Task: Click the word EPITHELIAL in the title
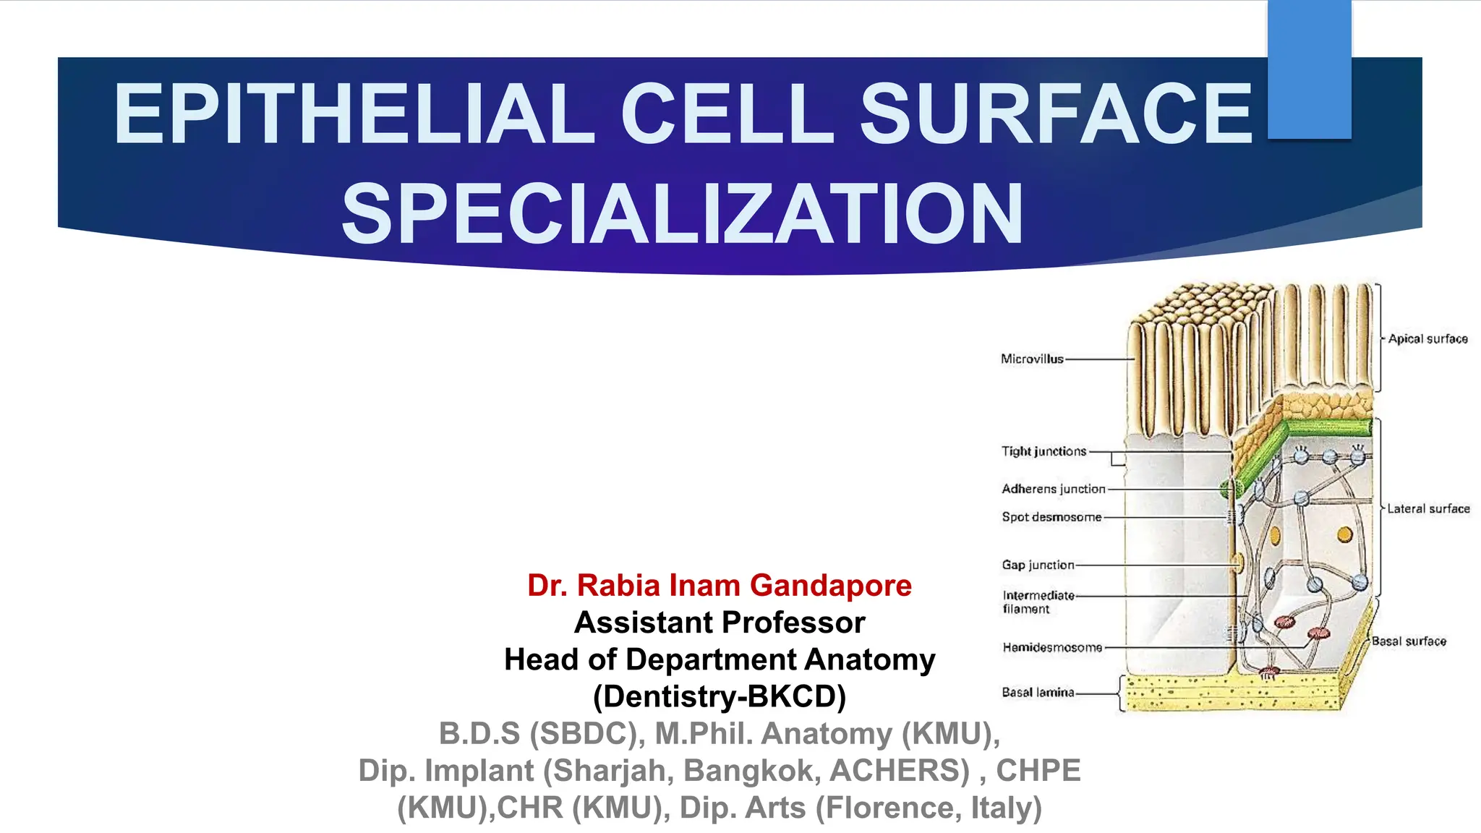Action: click(x=354, y=114)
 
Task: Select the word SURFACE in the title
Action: click(x=1056, y=114)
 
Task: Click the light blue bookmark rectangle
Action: click(x=1309, y=69)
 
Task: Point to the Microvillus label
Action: click(x=1032, y=359)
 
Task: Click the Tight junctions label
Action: click(x=1043, y=451)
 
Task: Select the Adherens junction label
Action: click(x=1053, y=489)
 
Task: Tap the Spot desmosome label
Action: click(x=1051, y=517)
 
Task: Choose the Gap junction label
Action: click(x=1038, y=565)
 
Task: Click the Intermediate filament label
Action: click(x=1038, y=602)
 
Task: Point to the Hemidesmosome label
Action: click(x=1052, y=647)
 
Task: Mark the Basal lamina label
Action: click(x=1038, y=692)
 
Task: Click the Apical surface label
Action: click(x=1427, y=338)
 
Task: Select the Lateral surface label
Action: click(x=1428, y=508)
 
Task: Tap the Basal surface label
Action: click(x=1409, y=641)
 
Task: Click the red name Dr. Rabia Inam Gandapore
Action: click(x=720, y=585)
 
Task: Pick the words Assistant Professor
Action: click(x=720, y=622)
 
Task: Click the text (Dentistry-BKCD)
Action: click(x=720, y=696)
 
